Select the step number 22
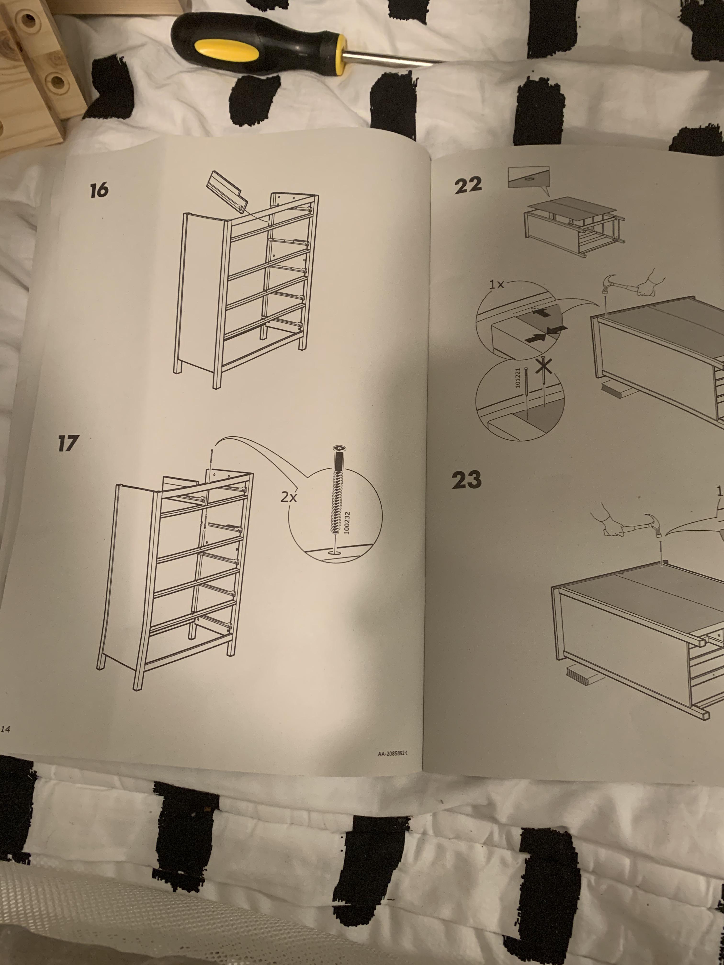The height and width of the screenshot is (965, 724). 468,185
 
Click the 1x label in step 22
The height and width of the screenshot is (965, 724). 497,285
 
